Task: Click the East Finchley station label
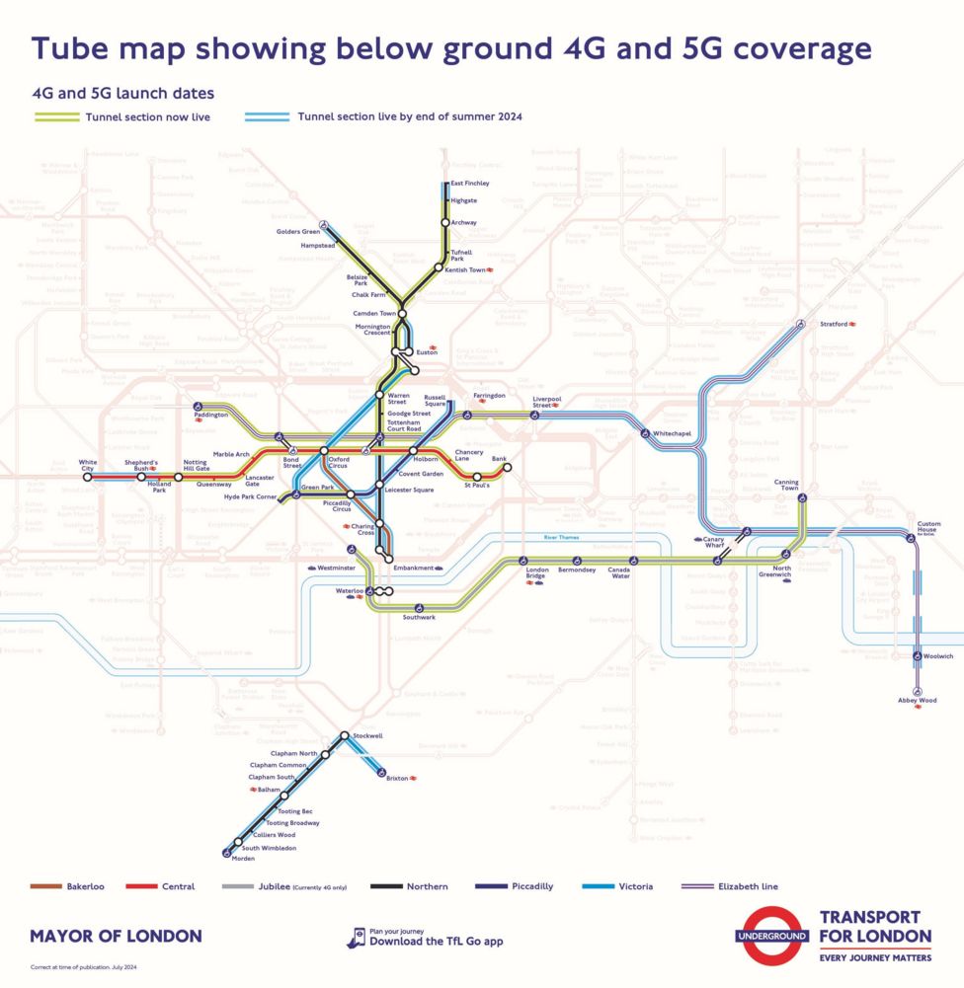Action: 469,184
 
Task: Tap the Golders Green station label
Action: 297,231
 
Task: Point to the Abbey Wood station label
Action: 918,700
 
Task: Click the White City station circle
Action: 88,477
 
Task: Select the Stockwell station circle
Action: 345,736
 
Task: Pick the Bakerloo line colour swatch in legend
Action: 45,886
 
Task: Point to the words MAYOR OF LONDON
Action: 116,936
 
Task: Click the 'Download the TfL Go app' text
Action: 436,942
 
